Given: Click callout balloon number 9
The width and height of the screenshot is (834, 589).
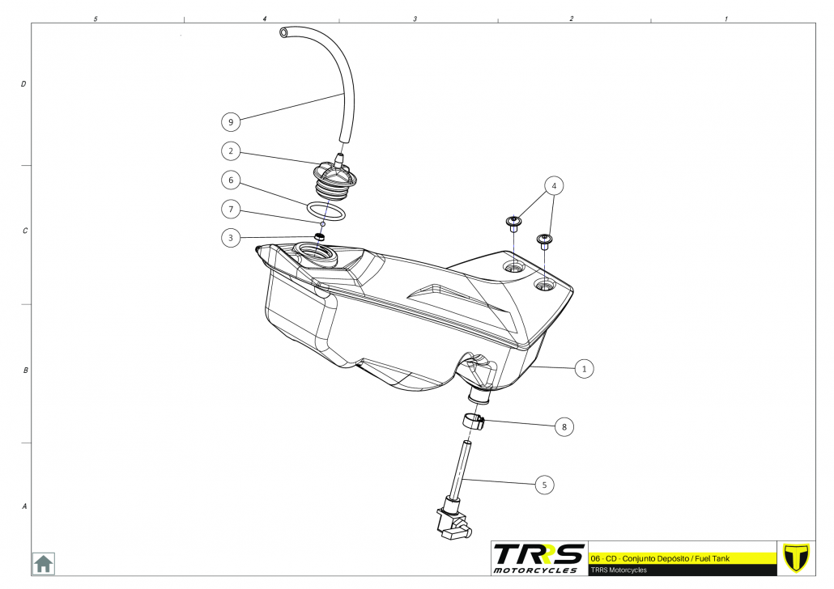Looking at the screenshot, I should pos(232,122).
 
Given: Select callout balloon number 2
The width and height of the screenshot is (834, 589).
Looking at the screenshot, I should pos(232,150).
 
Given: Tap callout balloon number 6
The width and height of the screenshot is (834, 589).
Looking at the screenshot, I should pos(232,180).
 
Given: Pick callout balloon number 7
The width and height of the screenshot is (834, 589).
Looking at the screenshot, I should pos(232,210).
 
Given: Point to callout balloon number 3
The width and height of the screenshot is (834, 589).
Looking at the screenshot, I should pos(232,238).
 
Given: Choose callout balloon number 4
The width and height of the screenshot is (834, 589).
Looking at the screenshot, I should pos(554,186).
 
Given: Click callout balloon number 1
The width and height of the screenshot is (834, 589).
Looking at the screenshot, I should pos(584,369).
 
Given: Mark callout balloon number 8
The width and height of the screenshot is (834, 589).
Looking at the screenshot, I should pos(564,426).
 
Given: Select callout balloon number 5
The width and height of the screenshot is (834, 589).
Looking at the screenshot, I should pos(544,485).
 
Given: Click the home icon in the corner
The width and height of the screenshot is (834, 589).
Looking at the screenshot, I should pos(43,563).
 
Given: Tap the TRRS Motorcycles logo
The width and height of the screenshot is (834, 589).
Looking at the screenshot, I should pos(538,558).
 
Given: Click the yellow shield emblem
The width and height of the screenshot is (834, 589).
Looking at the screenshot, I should pos(798,557).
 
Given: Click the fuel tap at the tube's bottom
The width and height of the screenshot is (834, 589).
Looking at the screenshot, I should pos(452,521).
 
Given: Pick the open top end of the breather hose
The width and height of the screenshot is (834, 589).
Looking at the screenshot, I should pos(283,32).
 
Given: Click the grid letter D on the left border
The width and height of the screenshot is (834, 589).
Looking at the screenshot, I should pos(23,83).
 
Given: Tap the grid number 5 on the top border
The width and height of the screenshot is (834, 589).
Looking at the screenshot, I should pos(96,18).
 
